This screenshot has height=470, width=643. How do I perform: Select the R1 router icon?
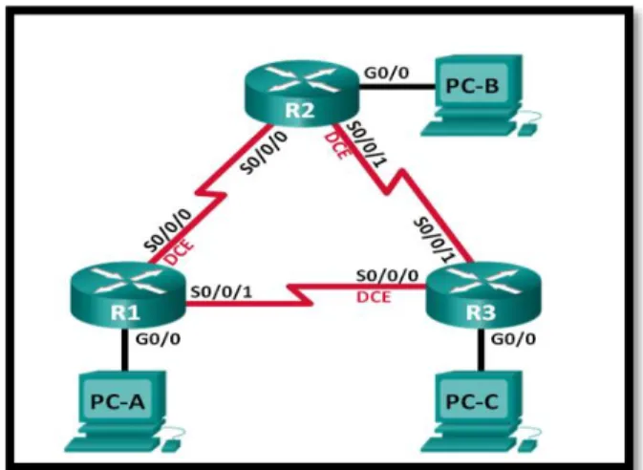pos(127,296)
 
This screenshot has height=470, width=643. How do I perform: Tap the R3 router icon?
pos(483,296)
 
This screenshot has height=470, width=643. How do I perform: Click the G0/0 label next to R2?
pos(387,73)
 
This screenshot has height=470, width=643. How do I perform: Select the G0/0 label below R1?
pos(158,339)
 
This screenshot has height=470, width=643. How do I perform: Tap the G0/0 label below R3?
pos(513,339)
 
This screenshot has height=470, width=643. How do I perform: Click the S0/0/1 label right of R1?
pos(222,291)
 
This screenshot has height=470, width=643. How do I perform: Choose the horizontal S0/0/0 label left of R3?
pos(387,276)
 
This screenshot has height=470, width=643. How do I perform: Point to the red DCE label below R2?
pos(337,145)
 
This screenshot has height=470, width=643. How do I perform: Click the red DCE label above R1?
pos(179,251)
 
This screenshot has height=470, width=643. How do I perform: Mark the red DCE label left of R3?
pos(374,297)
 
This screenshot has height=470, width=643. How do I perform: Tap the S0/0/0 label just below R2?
pos(264,153)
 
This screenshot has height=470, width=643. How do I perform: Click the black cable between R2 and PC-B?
pos(397,87)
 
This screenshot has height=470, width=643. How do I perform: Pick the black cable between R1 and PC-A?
pos(124,350)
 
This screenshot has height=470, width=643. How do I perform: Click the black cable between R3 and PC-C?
pos(481,350)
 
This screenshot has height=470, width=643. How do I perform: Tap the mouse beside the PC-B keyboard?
pos(527,130)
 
